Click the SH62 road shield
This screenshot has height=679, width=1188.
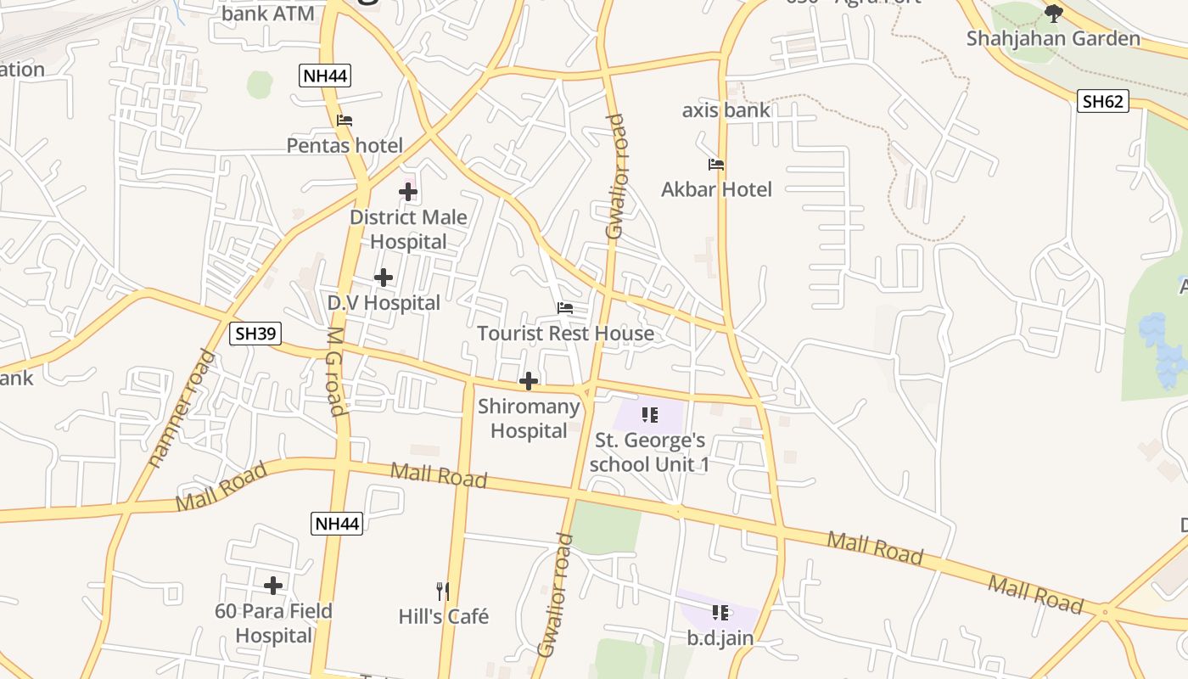pos(1103,102)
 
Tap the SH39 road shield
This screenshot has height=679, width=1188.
pos(255,334)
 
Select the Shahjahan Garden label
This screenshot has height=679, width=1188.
pos(1053,38)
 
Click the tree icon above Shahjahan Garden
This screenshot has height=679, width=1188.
pos(1053,14)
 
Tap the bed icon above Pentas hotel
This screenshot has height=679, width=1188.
pos(345,121)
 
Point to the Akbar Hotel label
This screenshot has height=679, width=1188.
pos(716,189)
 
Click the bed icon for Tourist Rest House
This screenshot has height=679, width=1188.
pos(565,308)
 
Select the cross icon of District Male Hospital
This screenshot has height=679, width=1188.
pos(408,192)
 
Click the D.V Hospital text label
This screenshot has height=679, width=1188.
pos(384,303)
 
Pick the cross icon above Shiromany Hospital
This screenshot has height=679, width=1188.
pos(529,381)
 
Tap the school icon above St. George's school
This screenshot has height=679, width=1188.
pos(650,415)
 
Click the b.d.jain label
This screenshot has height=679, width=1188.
pos(720,637)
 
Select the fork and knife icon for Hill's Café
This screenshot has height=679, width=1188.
pos(442,591)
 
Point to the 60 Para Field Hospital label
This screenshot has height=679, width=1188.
pos(273,623)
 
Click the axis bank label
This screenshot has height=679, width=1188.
pos(726,110)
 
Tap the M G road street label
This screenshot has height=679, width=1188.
pos(335,371)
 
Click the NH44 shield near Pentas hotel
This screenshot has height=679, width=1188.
pos(326,76)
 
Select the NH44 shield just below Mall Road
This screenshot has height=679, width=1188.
pos(337,524)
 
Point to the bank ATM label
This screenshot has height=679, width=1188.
pos(267,14)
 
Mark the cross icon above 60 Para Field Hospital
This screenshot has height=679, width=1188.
pos(273,586)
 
